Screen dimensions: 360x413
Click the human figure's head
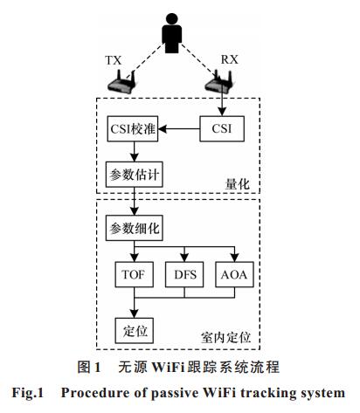click(172, 19)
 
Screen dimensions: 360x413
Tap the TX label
click(113, 60)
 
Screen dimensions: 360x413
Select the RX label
click(229, 59)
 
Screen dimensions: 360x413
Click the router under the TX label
click(121, 82)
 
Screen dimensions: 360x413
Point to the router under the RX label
click(219, 81)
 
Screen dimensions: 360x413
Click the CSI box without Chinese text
click(222, 128)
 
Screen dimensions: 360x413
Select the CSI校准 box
click(133, 129)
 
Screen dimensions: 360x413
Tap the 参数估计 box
click(134, 175)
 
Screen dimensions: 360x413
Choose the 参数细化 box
click(134, 228)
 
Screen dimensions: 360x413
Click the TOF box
click(135, 274)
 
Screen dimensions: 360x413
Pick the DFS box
click(184, 274)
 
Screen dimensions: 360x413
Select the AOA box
click(234, 274)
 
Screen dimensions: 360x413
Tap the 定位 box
click(135, 331)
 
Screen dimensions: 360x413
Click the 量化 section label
click(238, 184)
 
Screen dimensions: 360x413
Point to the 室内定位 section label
click(226, 337)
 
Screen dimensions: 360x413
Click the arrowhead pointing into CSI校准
click(163, 128)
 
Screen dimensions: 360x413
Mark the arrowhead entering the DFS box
click(184, 258)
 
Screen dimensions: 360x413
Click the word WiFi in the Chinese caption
click(169, 367)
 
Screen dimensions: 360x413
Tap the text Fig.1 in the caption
click(28, 393)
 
